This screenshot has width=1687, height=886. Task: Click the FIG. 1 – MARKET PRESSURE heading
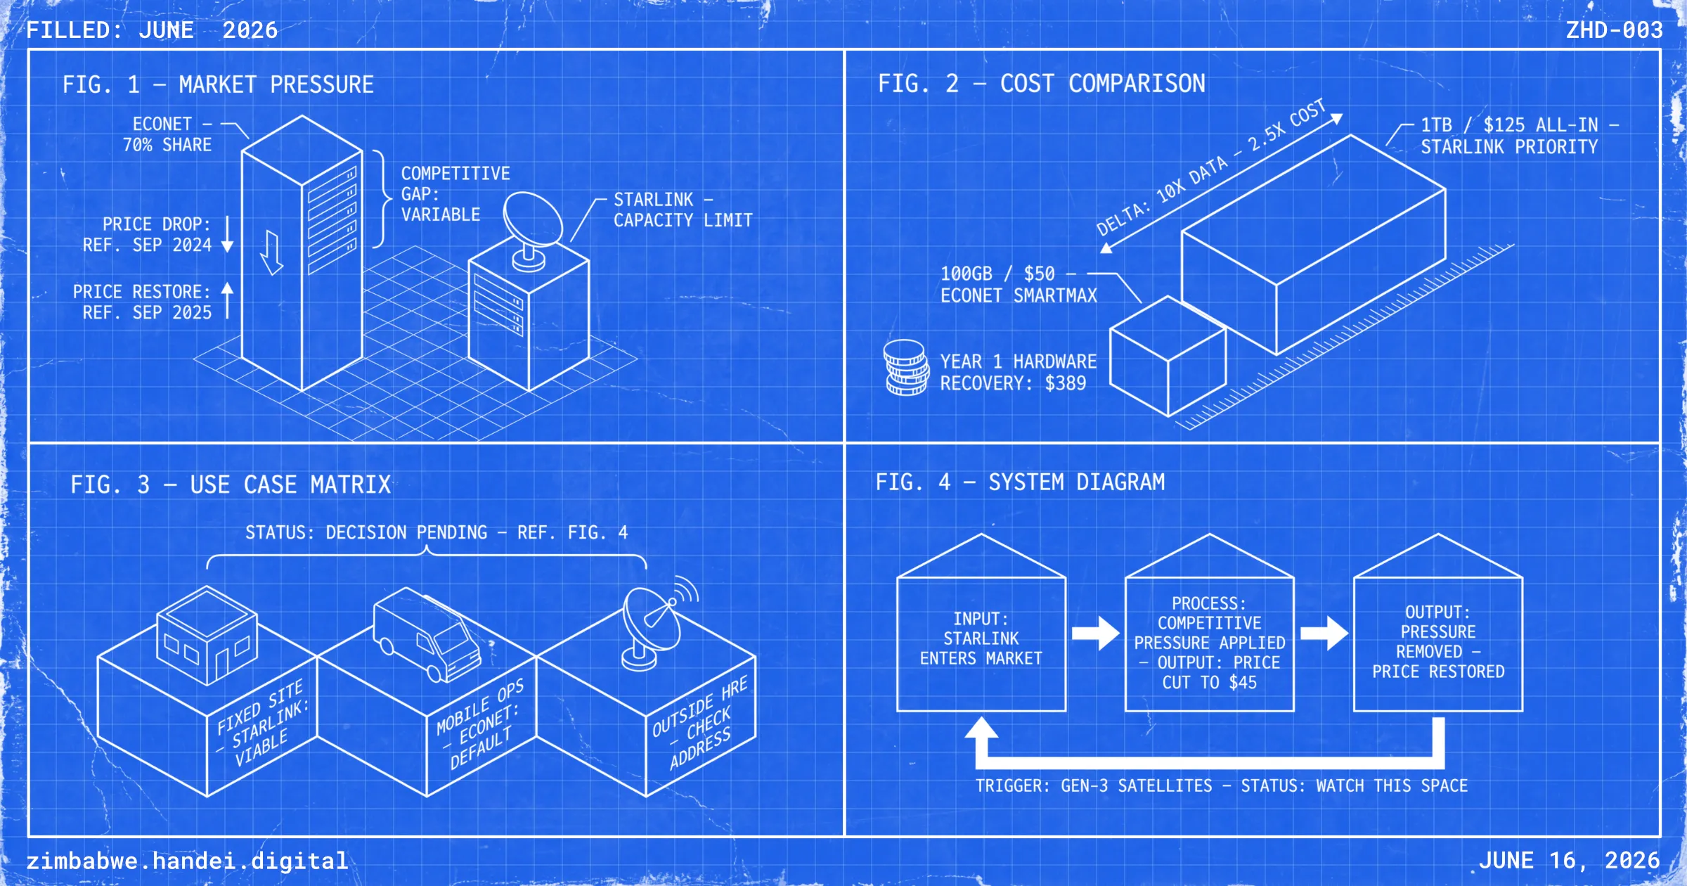coord(218,84)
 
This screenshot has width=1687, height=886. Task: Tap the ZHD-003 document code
coord(1615,30)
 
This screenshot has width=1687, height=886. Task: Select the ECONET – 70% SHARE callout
coord(167,134)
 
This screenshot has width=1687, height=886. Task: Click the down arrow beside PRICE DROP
coord(227,234)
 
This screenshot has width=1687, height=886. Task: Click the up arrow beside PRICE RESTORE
coord(227,301)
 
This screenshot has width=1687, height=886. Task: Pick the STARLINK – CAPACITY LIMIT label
coord(683,210)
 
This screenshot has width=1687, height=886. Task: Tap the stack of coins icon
coord(906,367)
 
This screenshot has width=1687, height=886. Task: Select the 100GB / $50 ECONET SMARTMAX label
coord(1019,284)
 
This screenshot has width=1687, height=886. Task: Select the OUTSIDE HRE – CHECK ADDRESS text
coord(699,724)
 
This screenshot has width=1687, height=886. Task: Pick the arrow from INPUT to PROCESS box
coord(1095,633)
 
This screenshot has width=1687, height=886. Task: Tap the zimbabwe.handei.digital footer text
coord(187,861)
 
